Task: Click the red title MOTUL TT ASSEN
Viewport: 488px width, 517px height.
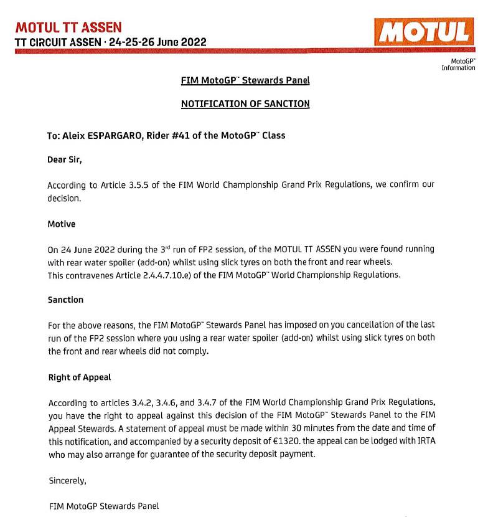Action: (x=68, y=27)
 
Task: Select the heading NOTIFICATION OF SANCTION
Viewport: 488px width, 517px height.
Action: (x=245, y=104)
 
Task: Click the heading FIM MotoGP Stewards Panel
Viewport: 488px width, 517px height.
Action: (x=245, y=80)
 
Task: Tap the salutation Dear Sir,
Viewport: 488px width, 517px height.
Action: (x=64, y=159)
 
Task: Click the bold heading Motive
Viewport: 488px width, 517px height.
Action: (x=62, y=223)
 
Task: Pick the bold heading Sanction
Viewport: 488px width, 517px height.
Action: (x=65, y=300)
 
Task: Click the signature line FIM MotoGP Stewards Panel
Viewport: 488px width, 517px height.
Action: (x=103, y=506)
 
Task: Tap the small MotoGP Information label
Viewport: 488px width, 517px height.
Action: (x=459, y=64)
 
